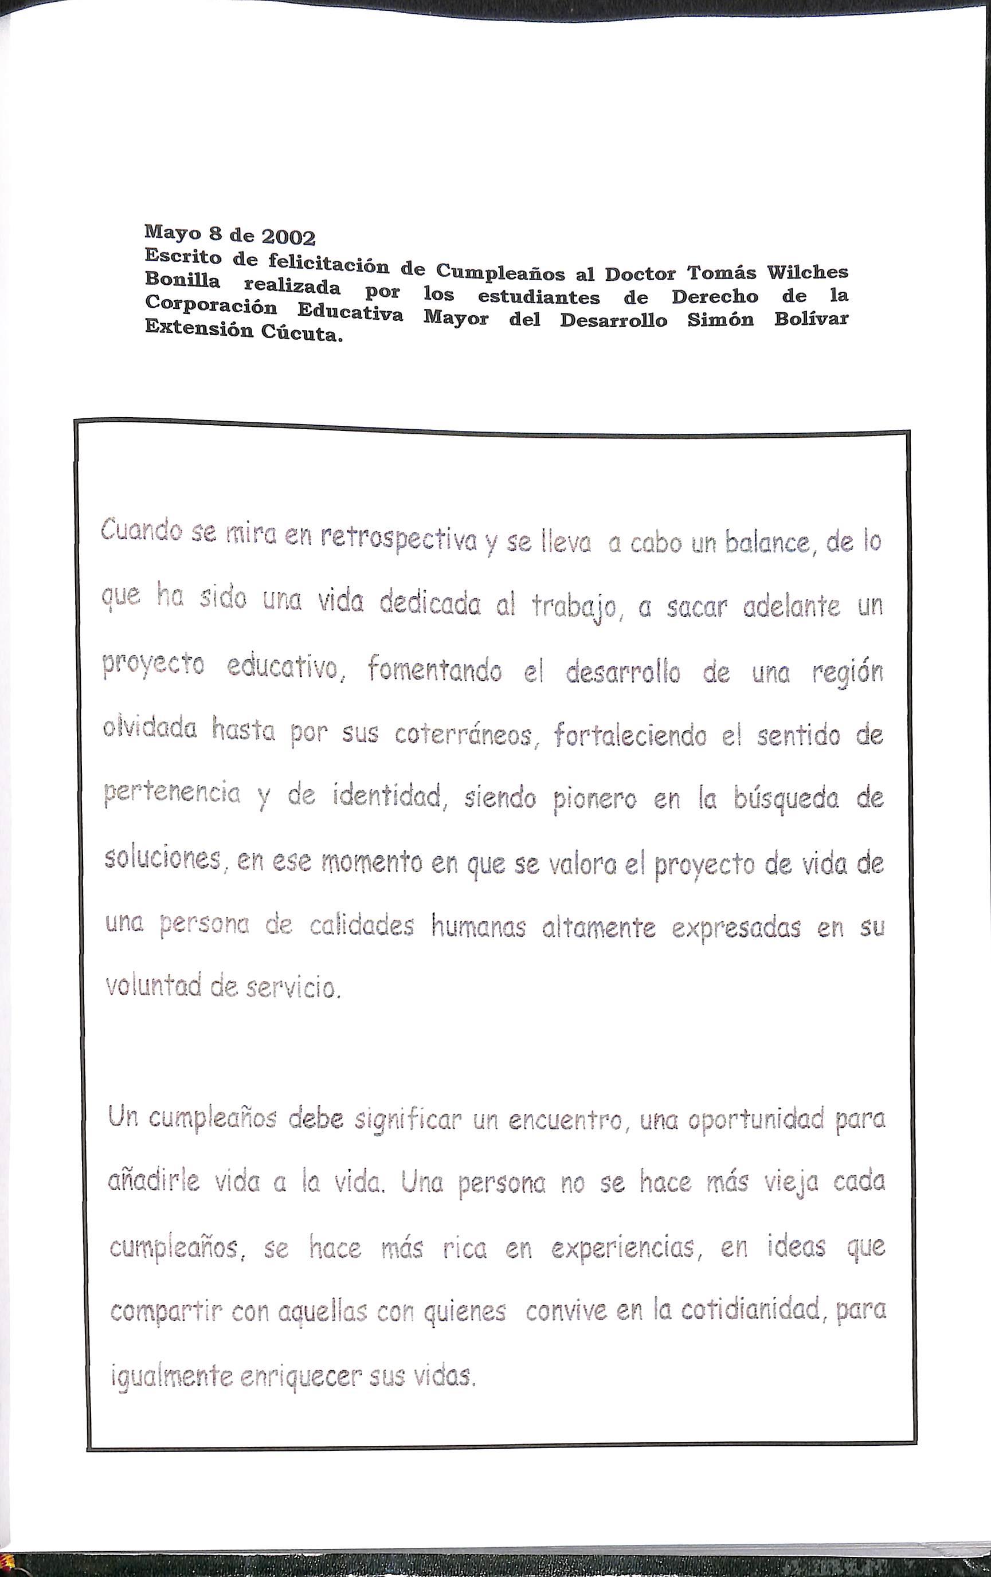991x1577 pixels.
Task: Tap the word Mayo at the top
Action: click(x=170, y=231)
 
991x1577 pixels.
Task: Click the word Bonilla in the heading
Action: click(x=183, y=280)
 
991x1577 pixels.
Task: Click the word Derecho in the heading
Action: click(x=715, y=297)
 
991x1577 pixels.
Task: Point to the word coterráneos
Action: click(x=464, y=736)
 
